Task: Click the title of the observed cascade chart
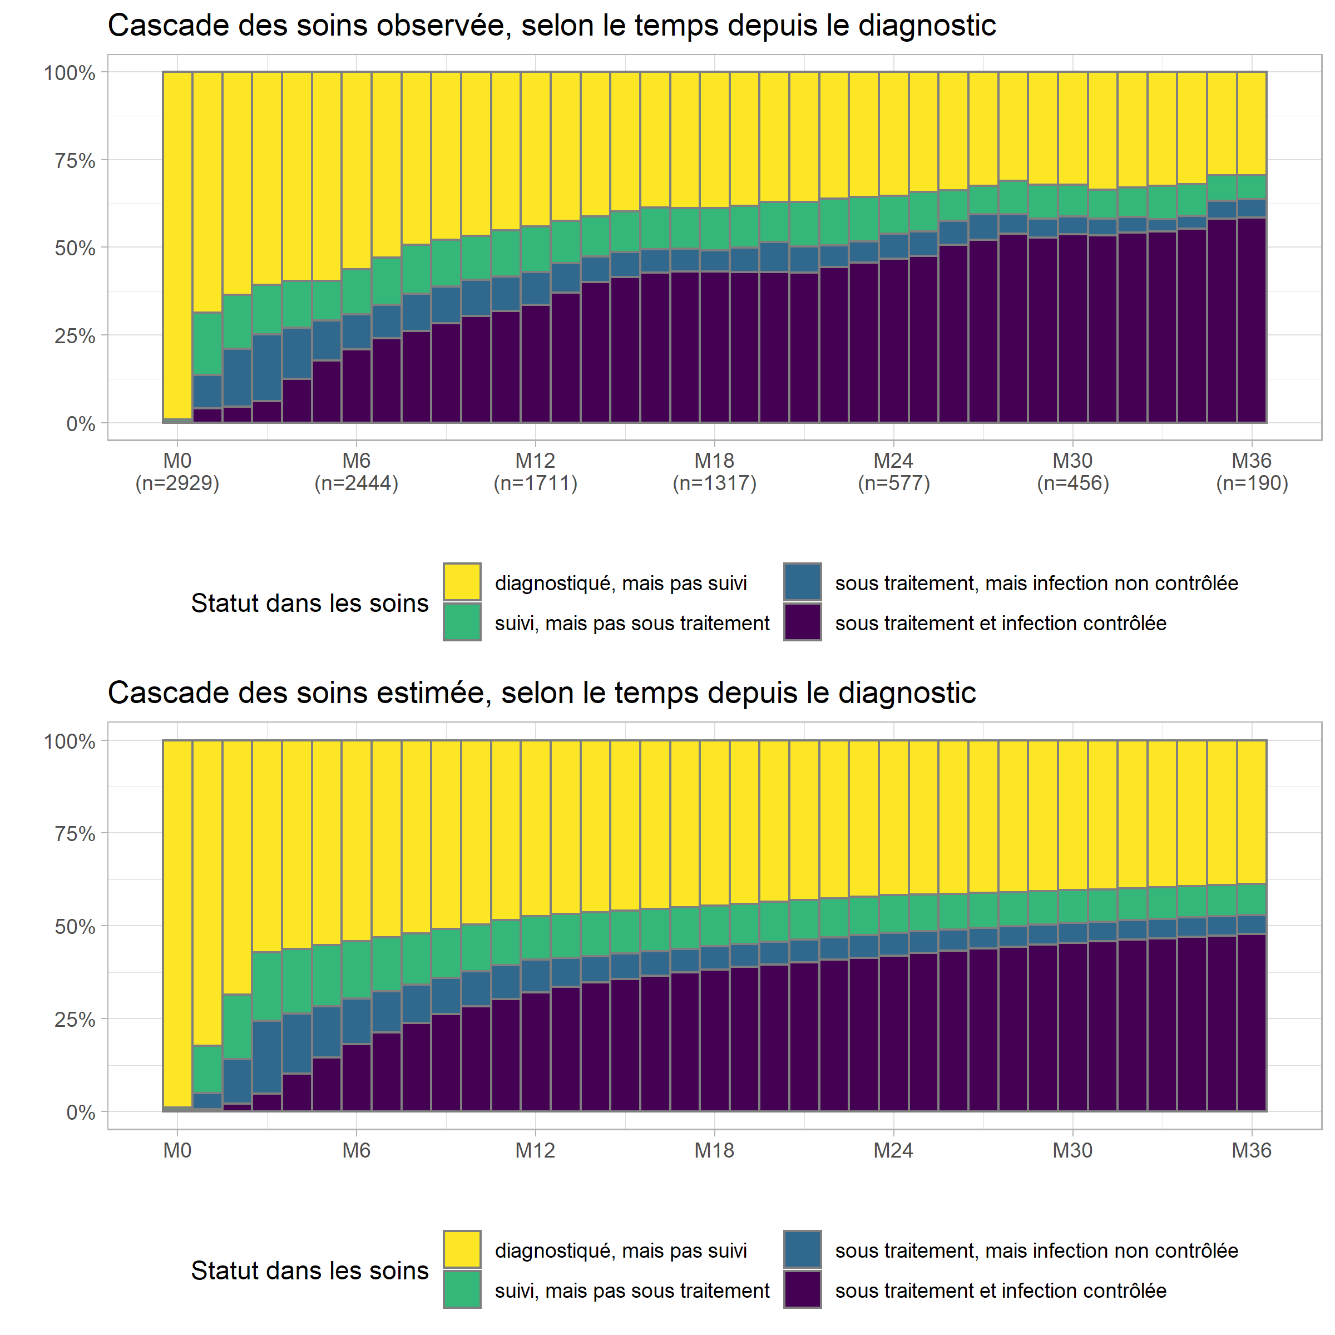pos(551,26)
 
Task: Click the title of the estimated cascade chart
pos(541,693)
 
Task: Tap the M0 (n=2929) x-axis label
pos(177,471)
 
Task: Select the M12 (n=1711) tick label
pos(536,471)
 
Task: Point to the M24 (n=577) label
pos(893,471)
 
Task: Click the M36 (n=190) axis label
pos(1252,471)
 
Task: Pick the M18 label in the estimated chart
pos(714,1150)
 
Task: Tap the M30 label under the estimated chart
pos(1072,1150)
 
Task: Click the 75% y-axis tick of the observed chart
pos(75,160)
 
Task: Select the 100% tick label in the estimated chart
pos(70,741)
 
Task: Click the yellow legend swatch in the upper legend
pos(462,582)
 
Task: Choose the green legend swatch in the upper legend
pos(462,622)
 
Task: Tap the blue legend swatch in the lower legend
pos(802,1249)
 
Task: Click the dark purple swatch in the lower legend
pos(802,1289)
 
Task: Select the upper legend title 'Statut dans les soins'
pos(310,603)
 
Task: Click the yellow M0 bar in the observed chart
pos(177,242)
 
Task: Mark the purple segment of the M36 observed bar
pos(1252,318)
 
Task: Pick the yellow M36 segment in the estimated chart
pos(1252,812)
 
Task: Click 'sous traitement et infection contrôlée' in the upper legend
pos(1000,623)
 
